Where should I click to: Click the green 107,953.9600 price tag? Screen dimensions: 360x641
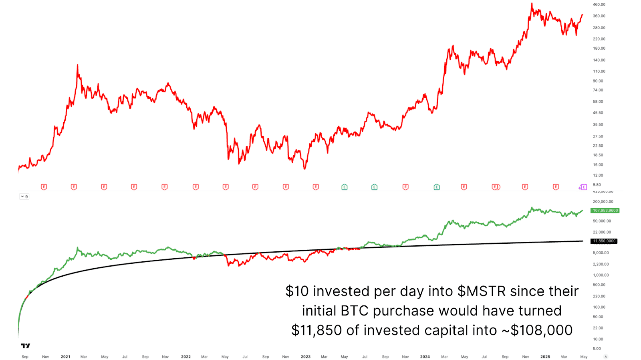point(605,210)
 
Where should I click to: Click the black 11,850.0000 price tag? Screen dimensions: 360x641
point(604,241)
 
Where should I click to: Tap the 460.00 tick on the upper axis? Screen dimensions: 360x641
point(599,5)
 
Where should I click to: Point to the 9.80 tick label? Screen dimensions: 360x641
point(597,185)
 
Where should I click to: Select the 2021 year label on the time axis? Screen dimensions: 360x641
point(65,357)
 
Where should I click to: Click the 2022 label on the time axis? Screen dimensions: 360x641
point(185,357)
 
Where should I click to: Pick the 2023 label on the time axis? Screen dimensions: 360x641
point(305,357)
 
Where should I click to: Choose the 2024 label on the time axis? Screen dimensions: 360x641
point(425,357)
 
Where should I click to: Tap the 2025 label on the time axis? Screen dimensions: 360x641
point(545,357)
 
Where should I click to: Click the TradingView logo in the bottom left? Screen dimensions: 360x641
point(26,346)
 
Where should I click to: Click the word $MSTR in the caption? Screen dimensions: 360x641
point(482,291)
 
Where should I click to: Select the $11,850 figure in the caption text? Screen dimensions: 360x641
point(317,330)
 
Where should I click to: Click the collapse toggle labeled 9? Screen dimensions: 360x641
point(24,196)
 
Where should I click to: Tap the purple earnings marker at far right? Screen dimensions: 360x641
point(583,187)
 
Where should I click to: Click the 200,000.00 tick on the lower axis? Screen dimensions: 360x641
point(603,202)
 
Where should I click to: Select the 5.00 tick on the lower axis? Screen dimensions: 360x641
point(597,349)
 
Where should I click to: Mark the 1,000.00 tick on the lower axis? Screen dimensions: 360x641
point(601,275)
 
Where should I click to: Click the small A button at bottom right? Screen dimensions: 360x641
point(605,357)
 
